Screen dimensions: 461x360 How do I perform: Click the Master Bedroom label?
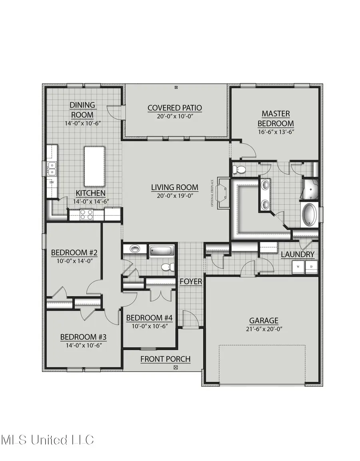tap(276, 119)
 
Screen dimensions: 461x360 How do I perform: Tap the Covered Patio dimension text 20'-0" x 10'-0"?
tap(175, 116)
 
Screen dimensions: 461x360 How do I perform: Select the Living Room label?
tap(175, 187)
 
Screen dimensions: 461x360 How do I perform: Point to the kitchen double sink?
tap(52, 169)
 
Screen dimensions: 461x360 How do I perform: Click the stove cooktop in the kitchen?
tap(86, 215)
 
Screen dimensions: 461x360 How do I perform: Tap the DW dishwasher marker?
tap(52, 182)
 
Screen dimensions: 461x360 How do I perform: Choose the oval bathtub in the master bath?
tap(309, 215)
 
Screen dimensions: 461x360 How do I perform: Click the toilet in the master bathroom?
tap(240, 169)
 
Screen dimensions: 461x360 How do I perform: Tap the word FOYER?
tap(191, 282)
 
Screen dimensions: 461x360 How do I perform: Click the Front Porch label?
tap(165, 359)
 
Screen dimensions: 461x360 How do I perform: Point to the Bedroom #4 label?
tap(149, 318)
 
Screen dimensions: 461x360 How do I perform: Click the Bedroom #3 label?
tap(83, 337)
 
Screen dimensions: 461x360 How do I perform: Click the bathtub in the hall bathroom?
tap(162, 251)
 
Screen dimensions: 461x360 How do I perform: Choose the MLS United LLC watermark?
tap(47, 440)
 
